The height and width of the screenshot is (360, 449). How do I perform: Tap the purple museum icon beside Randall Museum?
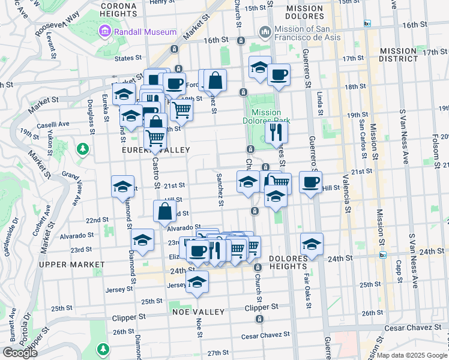(x=106, y=31)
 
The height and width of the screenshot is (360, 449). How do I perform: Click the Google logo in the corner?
(x=20, y=353)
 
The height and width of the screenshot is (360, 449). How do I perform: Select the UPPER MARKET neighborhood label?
(x=68, y=264)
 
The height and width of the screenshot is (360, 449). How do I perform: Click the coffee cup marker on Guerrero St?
(x=310, y=182)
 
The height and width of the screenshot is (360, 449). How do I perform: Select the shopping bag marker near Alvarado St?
(x=164, y=211)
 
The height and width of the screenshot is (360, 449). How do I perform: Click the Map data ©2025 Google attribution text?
(x=411, y=355)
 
